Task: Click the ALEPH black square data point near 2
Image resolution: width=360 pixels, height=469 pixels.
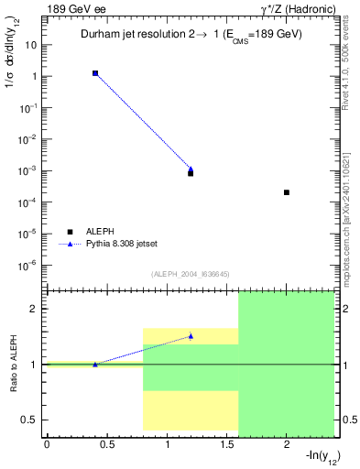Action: point(287,192)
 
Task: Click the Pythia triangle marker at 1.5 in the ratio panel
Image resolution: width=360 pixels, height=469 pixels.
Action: point(191,336)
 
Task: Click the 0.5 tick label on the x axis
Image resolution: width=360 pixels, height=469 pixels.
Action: point(106,445)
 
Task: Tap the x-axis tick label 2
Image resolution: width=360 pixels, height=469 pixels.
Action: point(287,445)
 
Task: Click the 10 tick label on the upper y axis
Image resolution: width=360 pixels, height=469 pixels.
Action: point(34,45)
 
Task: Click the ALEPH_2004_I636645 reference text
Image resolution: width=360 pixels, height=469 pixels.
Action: point(191,273)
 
